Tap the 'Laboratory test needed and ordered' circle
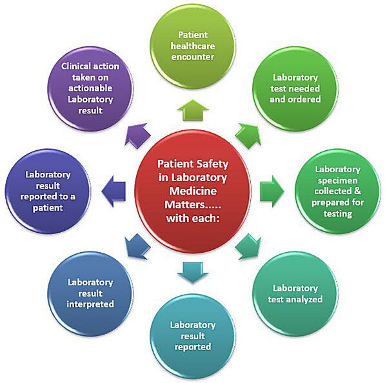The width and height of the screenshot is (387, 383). click(x=295, y=90)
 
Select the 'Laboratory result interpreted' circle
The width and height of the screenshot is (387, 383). click(x=91, y=293)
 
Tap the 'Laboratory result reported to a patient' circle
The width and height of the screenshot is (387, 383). click(x=45, y=191)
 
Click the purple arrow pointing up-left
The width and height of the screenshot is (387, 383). click(x=137, y=135)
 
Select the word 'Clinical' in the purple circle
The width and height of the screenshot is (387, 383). click(x=77, y=66)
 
